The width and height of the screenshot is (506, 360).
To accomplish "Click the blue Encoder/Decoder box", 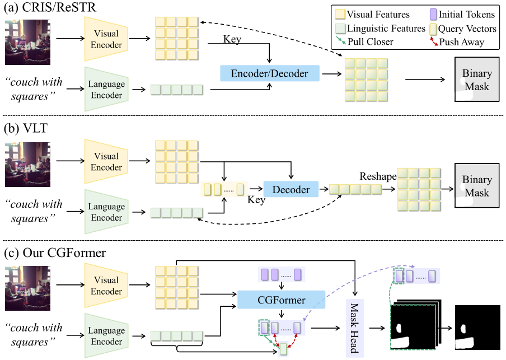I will click(x=269, y=73).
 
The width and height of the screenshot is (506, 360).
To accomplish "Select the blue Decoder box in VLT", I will click(x=291, y=189).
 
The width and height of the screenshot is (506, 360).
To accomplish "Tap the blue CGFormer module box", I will click(x=282, y=300).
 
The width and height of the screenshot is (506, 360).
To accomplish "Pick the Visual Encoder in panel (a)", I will click(x=106, y=39).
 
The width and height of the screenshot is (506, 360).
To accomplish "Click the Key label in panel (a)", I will click(x=233, y=40).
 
